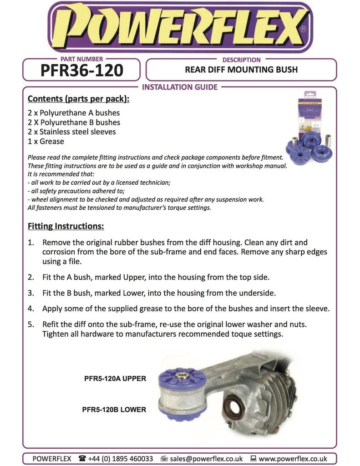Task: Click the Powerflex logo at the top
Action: (x=180, y=27)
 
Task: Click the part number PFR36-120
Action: (x=82, y=71)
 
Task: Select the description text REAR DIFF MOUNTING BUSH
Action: (x=241, y=70)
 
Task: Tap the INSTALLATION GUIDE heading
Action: (x=180, y=87)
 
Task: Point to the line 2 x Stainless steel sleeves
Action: (x=72, y=132)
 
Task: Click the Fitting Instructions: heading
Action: (x=66, y=226)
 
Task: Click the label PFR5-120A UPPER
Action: (x=115, y=378)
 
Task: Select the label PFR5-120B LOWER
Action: (x=114, y=410)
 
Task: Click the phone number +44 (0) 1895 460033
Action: (x=121, y=459)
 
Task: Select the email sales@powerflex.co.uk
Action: (x=206, y=459)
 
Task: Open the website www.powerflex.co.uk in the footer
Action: (x=293, y=459)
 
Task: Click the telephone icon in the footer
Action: (x=82, y=458)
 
